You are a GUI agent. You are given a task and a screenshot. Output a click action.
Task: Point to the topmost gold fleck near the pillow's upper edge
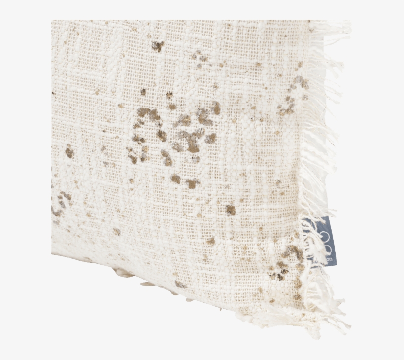pos(157,46)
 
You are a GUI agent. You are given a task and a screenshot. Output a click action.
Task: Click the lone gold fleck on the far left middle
pos(69,152)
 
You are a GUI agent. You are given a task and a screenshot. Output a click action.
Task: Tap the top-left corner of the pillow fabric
pos(52,21)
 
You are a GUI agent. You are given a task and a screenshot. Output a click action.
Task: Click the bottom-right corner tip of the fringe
pos(347,327)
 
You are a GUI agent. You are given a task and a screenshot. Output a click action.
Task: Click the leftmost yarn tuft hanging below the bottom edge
pos(121,272)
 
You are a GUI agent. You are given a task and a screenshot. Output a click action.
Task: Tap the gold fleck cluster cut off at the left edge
pos(59,202)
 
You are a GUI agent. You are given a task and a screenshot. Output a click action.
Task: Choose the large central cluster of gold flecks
pos(177,133)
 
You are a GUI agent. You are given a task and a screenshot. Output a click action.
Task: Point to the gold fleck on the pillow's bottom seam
pos(180,285)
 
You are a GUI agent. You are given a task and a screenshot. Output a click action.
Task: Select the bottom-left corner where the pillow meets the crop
pos(52,254)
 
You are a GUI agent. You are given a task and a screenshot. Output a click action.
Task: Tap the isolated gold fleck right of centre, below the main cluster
pos(230,210)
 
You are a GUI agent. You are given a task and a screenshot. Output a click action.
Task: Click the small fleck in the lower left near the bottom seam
pos(117,231)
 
